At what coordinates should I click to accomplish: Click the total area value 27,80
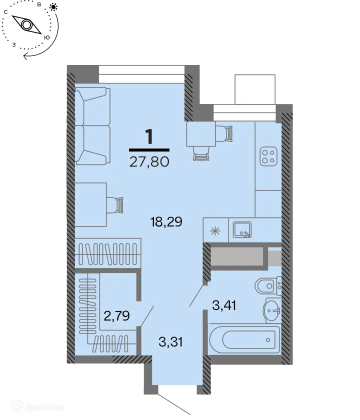(x=149, y=162)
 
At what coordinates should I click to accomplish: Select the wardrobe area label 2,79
(x=117, y=315)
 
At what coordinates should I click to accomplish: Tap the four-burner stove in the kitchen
(x=268, y=156)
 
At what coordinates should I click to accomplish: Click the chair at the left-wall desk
(x=118, y=204)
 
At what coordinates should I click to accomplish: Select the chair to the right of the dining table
(x=228, y=133)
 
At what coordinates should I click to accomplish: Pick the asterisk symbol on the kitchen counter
(x=215, y=230)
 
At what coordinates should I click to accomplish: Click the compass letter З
(x=14, y=44)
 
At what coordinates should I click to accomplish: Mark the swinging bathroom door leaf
(x=196, y=295)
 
